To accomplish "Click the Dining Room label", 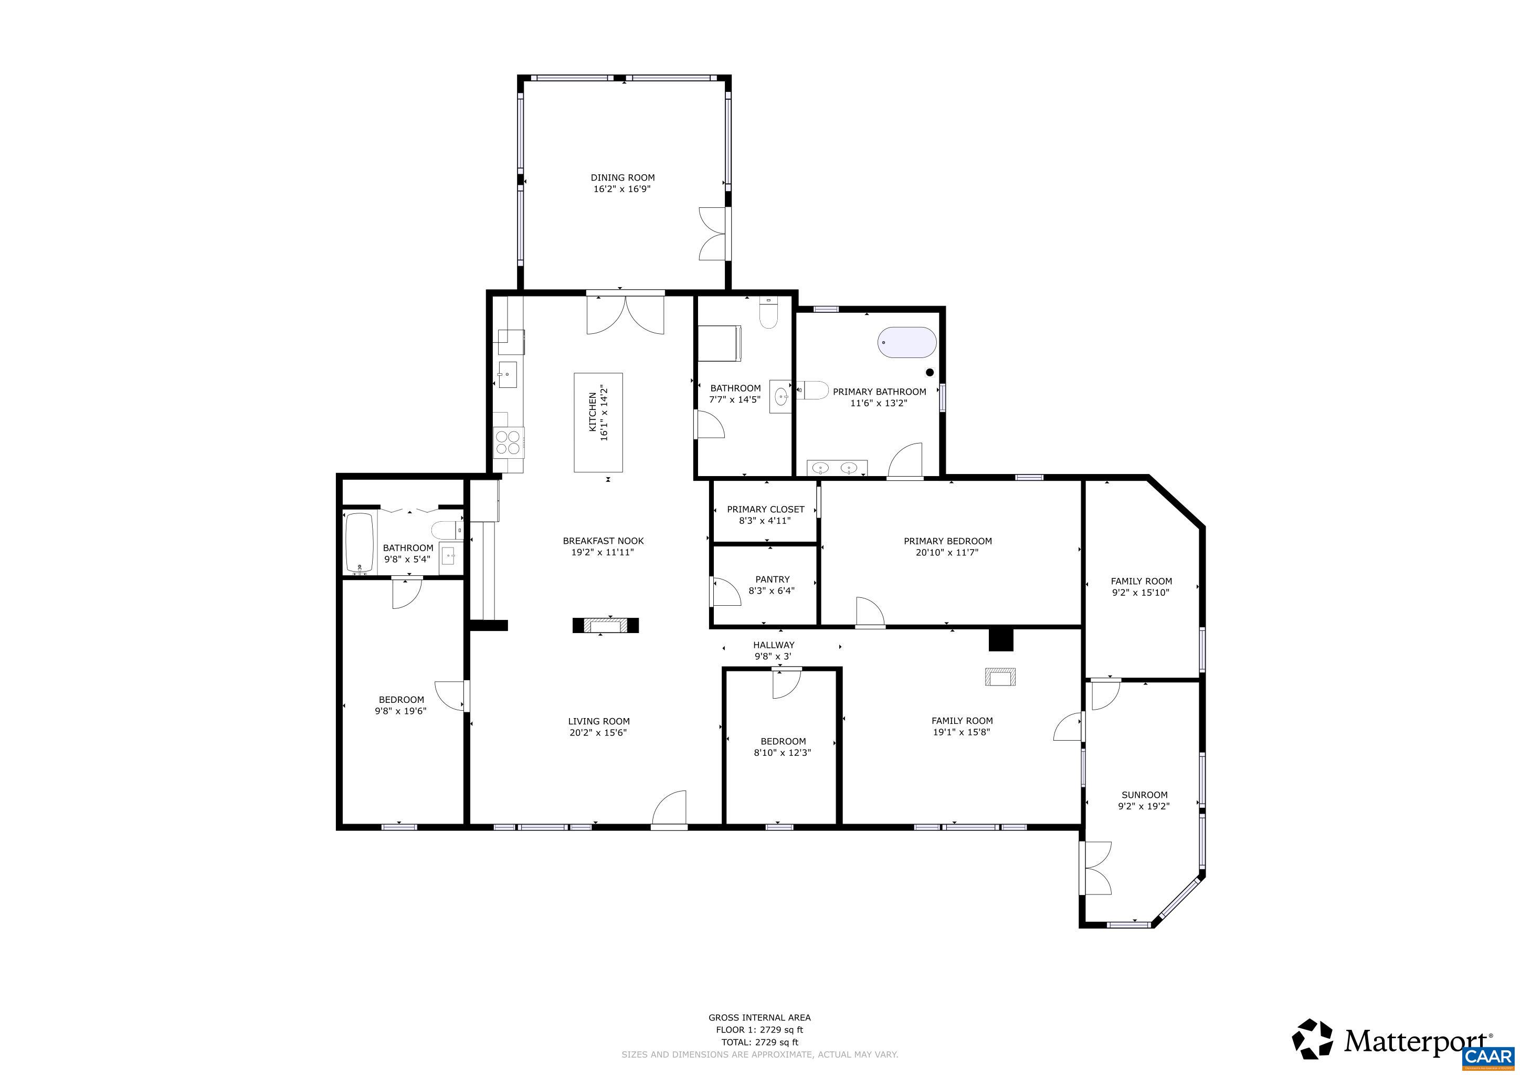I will tap(622, 177).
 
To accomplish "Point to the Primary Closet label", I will tap(765, 509).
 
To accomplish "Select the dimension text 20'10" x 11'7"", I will tap(947, 552).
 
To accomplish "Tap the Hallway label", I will tap(773, 645).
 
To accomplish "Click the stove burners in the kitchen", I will tap(508, 442).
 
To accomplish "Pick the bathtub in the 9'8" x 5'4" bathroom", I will tap(360, 542).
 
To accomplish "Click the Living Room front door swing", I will tap(670, 808).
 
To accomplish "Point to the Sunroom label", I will tap(1144, 795).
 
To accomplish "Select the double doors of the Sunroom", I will tap(1096, 869).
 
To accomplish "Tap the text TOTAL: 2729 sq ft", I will tap(760, 1042).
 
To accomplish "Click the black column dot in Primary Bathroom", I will tap(930, 373).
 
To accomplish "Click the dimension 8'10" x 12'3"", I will tap(782, 753).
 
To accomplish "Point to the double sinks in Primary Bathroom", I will tap(836, 468).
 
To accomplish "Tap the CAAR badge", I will tap(1489, 1057).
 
